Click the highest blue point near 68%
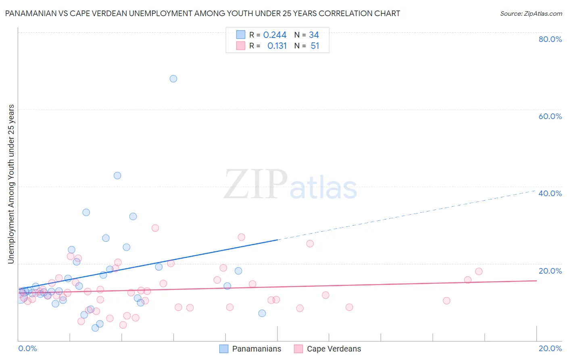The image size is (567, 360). click(173, 79)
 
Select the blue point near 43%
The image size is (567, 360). click(117, 176)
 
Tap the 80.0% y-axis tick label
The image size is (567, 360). click(550, 39)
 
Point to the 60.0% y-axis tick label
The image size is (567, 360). click(550, 116)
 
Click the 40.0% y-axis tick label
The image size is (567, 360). click(550, 193)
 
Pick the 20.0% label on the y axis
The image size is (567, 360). click(550, 271)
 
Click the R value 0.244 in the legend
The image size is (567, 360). click(275, 35)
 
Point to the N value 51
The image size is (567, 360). click(315, 46)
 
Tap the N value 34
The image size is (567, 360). click(314, 35)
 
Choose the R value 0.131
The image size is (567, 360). click(277, 46)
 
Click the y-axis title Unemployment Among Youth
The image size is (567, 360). click(11, 184)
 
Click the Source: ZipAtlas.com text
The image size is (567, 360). click(531, 14)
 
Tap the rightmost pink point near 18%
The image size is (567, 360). click(479, 271)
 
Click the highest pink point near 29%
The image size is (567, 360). click(155, 228)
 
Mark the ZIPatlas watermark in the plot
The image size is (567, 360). click(290, 185)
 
